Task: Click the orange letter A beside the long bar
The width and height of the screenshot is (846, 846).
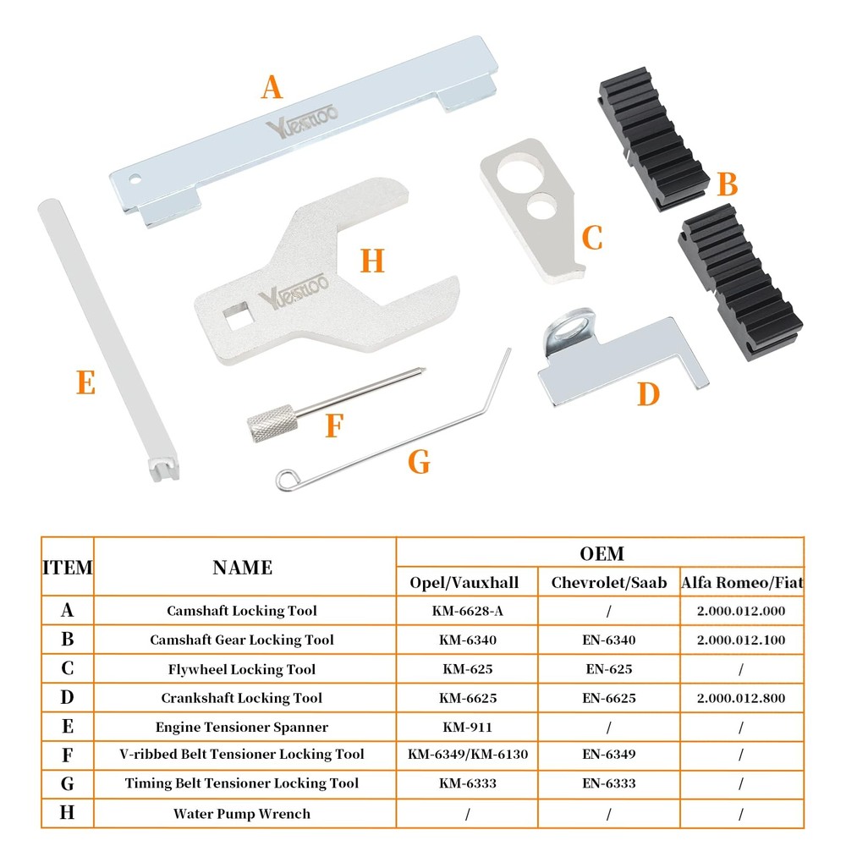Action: (x=272, y=87)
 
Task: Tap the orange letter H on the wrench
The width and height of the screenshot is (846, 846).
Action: (x=372, y=261)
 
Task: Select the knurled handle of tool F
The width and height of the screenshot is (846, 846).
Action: (x=272, y=423)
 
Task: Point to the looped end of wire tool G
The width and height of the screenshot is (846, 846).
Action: (x=286, y=480)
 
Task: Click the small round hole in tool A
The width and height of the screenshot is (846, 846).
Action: (x=135, y=179)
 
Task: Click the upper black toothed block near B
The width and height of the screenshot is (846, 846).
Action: (x=653, y=138)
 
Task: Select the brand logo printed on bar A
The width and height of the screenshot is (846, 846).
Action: (x=302, y=122)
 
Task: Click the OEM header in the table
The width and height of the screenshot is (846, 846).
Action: (x=602, y=553)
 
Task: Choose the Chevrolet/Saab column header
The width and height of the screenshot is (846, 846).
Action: (x=608, y=582)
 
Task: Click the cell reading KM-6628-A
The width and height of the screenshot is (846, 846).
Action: (x=467, y=611)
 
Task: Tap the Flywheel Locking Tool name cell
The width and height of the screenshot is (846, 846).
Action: (x=242, y=669)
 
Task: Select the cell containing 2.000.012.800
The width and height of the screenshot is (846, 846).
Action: (x=741, y=698)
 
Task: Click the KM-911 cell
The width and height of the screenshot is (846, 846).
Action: (x=467, y=727)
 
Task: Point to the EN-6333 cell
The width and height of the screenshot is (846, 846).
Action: (x=608, y=783)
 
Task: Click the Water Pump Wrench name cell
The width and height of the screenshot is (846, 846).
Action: (x=242, y=814)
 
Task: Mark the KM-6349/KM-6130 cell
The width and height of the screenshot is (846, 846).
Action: (x=467, y=754)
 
